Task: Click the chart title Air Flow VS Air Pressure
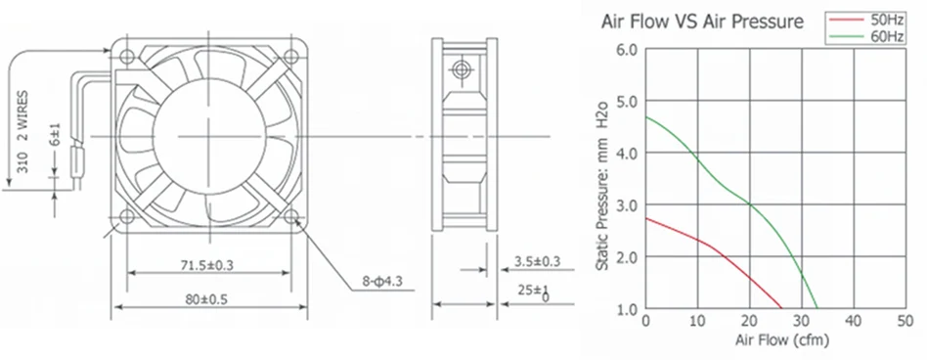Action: point(702,22)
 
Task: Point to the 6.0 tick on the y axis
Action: point(628,50)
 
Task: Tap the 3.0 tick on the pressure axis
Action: point(628,205)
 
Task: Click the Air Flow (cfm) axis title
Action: point(782,340)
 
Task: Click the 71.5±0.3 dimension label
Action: point(207,265)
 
